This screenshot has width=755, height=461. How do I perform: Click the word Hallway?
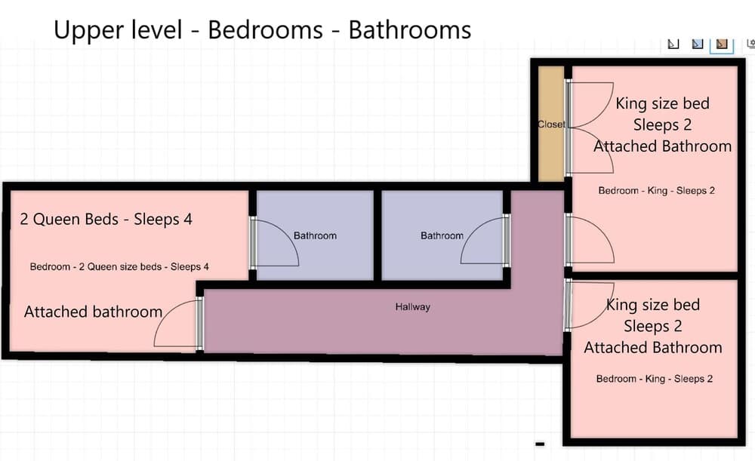[413, 307]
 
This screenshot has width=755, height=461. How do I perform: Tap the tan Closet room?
[551, 124]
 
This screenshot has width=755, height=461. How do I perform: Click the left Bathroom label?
[315, 236]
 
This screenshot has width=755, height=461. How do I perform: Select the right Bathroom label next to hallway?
[442, 236]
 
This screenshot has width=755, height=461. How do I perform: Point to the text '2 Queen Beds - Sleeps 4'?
[106, 220]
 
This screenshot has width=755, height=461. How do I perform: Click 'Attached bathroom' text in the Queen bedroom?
[93, 312]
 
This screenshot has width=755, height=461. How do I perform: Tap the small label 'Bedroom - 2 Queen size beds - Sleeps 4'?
[119, 266]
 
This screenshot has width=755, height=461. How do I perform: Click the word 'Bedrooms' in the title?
[265, 30]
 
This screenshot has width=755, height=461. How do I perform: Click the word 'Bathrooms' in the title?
[410, 30]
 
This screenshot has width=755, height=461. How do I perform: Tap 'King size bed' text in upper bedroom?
[663, 103]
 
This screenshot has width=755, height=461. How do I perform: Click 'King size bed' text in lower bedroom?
[653, 305]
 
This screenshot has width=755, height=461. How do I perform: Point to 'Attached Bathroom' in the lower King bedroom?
[653, 347]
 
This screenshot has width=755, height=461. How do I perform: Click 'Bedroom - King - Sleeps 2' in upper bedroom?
[657, 191]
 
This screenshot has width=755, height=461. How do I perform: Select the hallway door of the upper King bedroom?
[590, 240]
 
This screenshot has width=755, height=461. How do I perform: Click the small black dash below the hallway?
[540, 444]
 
